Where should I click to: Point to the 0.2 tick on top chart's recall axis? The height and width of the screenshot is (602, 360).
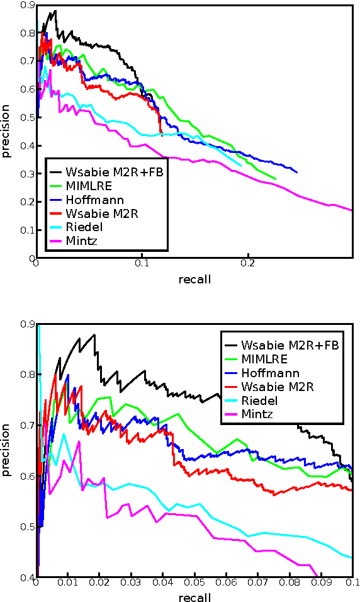249,263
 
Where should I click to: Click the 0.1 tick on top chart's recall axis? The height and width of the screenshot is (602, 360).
142,263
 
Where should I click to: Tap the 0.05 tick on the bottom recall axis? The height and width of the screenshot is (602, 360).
194,584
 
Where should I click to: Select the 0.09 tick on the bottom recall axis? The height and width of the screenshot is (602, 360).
320,584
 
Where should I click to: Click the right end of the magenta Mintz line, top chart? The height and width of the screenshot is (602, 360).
352,210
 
